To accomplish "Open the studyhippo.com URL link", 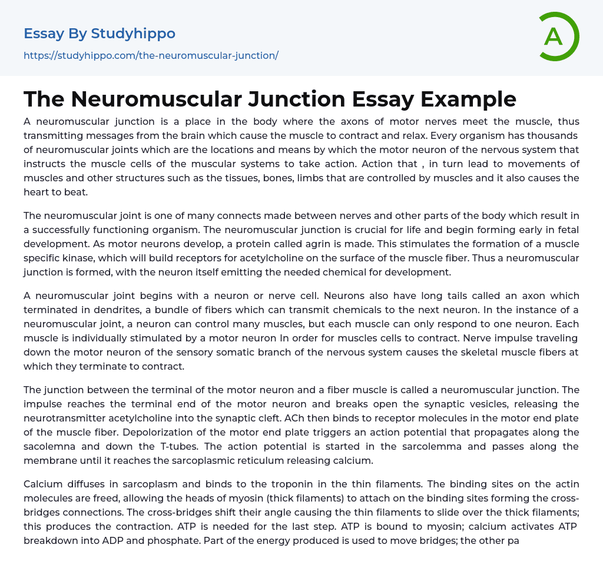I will [151, 55].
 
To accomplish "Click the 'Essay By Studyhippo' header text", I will [100, 34].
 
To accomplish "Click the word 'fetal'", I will [568, 230].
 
